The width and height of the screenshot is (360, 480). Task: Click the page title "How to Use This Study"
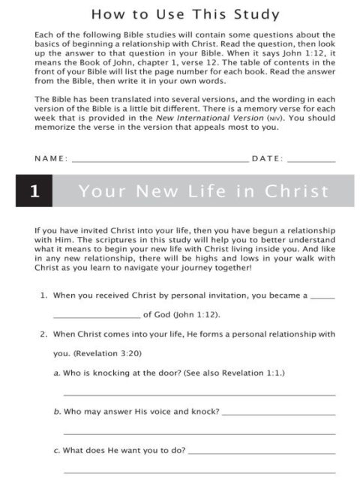(184, 14)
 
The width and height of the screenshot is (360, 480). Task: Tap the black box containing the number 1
(34, 190)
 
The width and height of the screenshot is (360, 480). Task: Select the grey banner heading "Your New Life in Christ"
(203, 190)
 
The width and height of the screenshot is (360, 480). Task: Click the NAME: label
(51, 158)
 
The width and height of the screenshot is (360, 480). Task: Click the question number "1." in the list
(44, 295)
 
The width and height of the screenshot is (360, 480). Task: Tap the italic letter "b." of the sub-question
(57, 412)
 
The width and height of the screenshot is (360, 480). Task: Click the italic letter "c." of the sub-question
(56, 451)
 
